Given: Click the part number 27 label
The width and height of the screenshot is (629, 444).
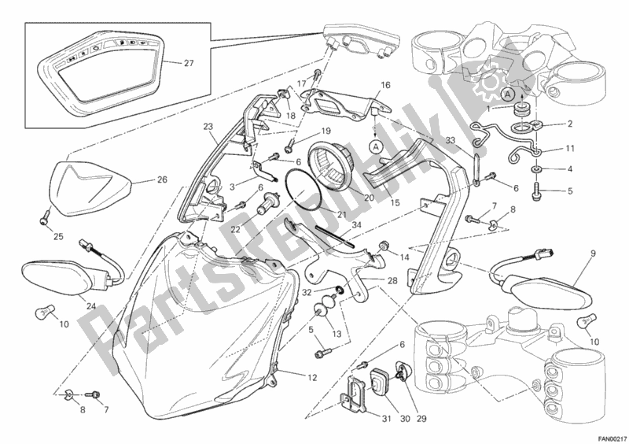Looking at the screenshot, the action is (189, 63).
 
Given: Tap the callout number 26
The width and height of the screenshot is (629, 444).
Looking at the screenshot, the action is (162, 179).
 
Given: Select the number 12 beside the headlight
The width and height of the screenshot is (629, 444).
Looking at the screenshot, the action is (312, 378).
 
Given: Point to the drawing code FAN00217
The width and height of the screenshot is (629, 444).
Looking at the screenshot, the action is (610, 438).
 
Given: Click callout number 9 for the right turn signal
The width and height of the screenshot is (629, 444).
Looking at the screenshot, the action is (593, 253).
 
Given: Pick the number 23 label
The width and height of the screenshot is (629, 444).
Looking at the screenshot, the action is (208, 126).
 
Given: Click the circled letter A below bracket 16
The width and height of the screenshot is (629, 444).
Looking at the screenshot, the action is (376, 147).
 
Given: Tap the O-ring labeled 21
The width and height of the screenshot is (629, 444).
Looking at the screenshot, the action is (303, 189).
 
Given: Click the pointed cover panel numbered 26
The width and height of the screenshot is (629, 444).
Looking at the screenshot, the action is (91, 187).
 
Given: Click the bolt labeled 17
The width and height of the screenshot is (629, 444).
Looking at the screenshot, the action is (317, 75).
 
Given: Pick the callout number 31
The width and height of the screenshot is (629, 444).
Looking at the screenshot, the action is (386, 419).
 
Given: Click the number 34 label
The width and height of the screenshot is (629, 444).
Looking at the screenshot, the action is (356, 225).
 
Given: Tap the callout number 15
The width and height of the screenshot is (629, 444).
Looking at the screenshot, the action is (395, 203).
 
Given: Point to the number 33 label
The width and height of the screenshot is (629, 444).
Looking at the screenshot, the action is (451, 140).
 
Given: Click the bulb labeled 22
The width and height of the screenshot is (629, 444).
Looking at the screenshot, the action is (268, 203).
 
